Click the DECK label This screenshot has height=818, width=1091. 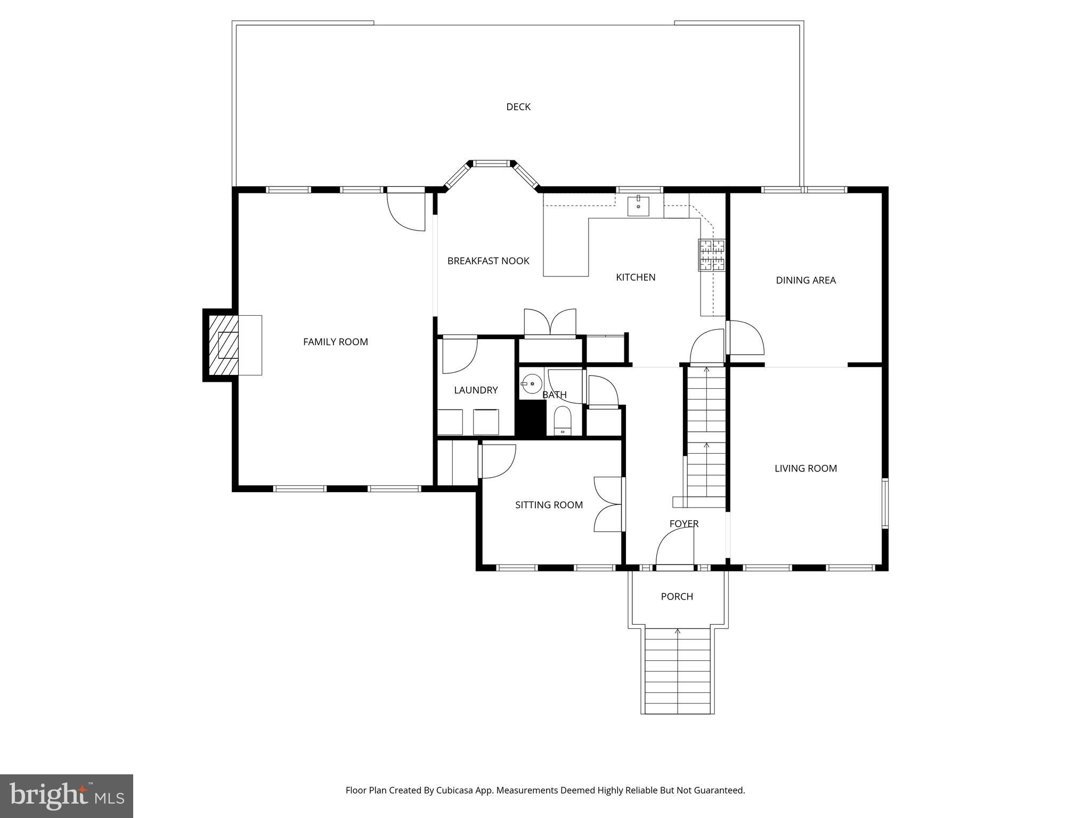(x=518, y=107)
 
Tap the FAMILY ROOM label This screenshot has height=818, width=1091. (x=335, y=342)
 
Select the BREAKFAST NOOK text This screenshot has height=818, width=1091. (x=488, y=261)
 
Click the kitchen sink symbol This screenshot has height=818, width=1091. (x=638, y=206)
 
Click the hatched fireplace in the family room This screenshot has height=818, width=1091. (x=222, y=345)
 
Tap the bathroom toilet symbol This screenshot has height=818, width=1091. (x=562, y=421)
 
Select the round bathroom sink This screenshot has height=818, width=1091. (x=531, y=383)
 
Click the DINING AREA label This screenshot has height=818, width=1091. (x=805, y=280)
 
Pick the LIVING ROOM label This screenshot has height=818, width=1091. (x=805, y=469)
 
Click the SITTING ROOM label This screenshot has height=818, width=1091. (x=549, y=505)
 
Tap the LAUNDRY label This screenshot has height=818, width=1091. (x=476, y=390)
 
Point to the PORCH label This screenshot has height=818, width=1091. (x=677, y=596)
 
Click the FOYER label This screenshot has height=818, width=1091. (x=684, y=524)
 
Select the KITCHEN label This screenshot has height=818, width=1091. (x=636, y=277)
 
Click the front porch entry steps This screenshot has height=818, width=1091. (x=678, y=671)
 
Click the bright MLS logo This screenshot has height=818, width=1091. (x=66, y=796)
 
